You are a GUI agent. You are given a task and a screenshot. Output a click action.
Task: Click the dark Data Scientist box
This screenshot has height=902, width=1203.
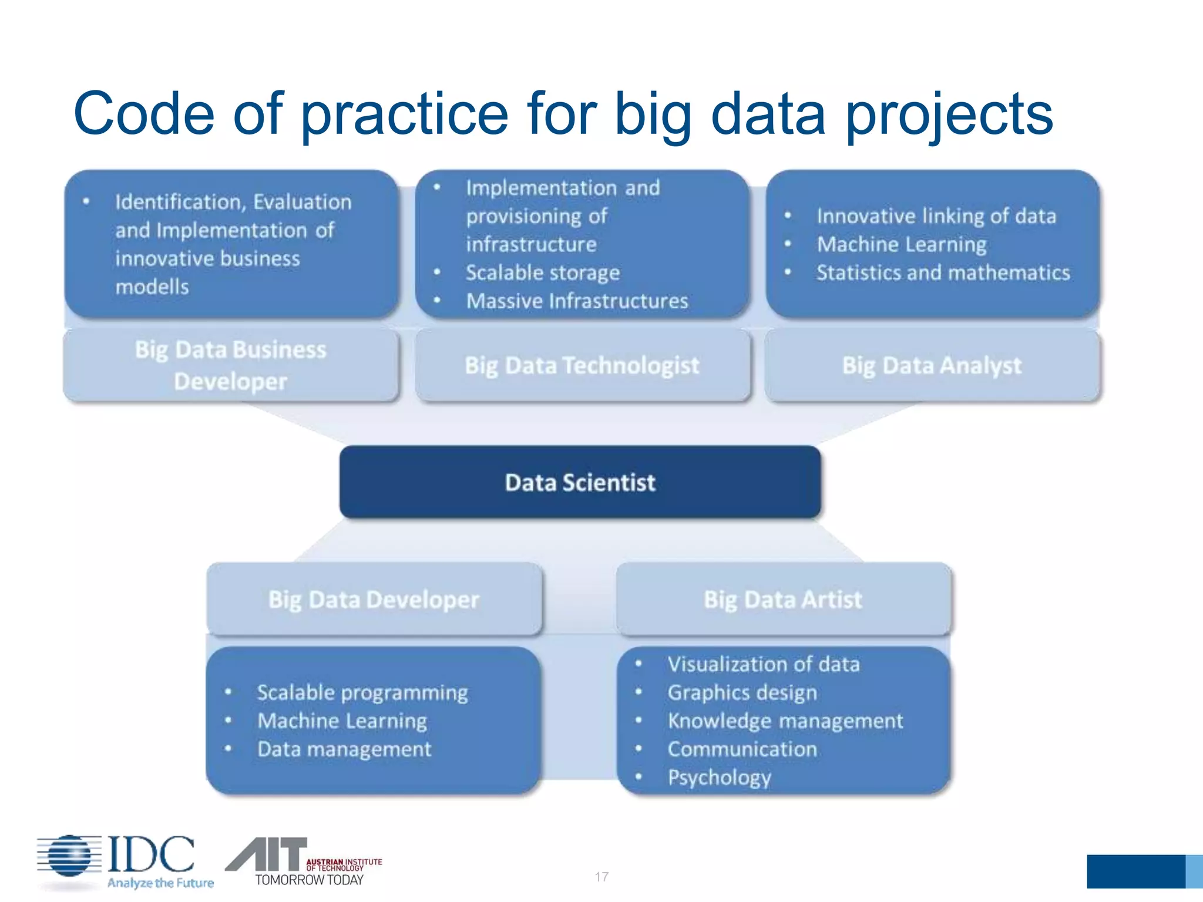(x=580, y=482)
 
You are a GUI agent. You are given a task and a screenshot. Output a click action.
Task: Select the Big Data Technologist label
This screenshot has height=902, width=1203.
(x=582, y=365)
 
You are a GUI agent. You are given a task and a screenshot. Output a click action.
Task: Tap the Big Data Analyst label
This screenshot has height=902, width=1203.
(x=932, y=365)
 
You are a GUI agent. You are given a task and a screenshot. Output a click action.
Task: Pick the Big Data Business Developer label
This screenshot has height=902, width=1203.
(x=230, y=365)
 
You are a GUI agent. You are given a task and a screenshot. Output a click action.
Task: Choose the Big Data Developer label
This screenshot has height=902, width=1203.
(x=374, y=600)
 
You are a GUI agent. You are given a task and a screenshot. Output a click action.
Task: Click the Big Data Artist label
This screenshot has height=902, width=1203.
(x=783, y=600)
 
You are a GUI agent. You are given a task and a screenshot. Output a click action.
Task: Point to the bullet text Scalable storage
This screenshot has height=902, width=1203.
(x=543, y=273)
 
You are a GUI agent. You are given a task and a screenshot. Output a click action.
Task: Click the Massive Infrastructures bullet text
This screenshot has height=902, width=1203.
(x=577, y=301)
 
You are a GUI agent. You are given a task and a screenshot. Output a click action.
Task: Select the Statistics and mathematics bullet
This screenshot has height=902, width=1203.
(x=943, y=273)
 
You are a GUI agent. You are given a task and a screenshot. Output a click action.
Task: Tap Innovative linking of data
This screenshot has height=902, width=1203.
(x=936, y=216)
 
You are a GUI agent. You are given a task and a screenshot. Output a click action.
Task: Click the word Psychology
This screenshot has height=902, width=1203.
(x=719, y=778)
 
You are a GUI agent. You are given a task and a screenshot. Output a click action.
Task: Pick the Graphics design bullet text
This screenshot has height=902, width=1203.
(x=742, y=693)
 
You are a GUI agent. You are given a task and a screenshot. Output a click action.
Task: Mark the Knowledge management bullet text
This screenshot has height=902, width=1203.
(x=785, y=721)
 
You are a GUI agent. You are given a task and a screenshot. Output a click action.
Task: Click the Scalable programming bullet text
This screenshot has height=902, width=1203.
(x=362, y=693)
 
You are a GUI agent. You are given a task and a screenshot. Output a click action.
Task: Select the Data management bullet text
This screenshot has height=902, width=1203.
(x=344, y=749)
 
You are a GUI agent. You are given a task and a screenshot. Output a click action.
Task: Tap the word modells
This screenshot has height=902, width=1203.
(x=152, y=287)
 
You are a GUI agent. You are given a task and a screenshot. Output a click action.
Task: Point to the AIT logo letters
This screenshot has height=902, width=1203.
(x=267, y=855)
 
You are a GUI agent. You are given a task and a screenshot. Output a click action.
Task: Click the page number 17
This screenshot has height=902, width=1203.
(x=601, y=877)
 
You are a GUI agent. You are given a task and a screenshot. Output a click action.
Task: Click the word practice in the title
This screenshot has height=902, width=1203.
(x=404, y=114)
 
